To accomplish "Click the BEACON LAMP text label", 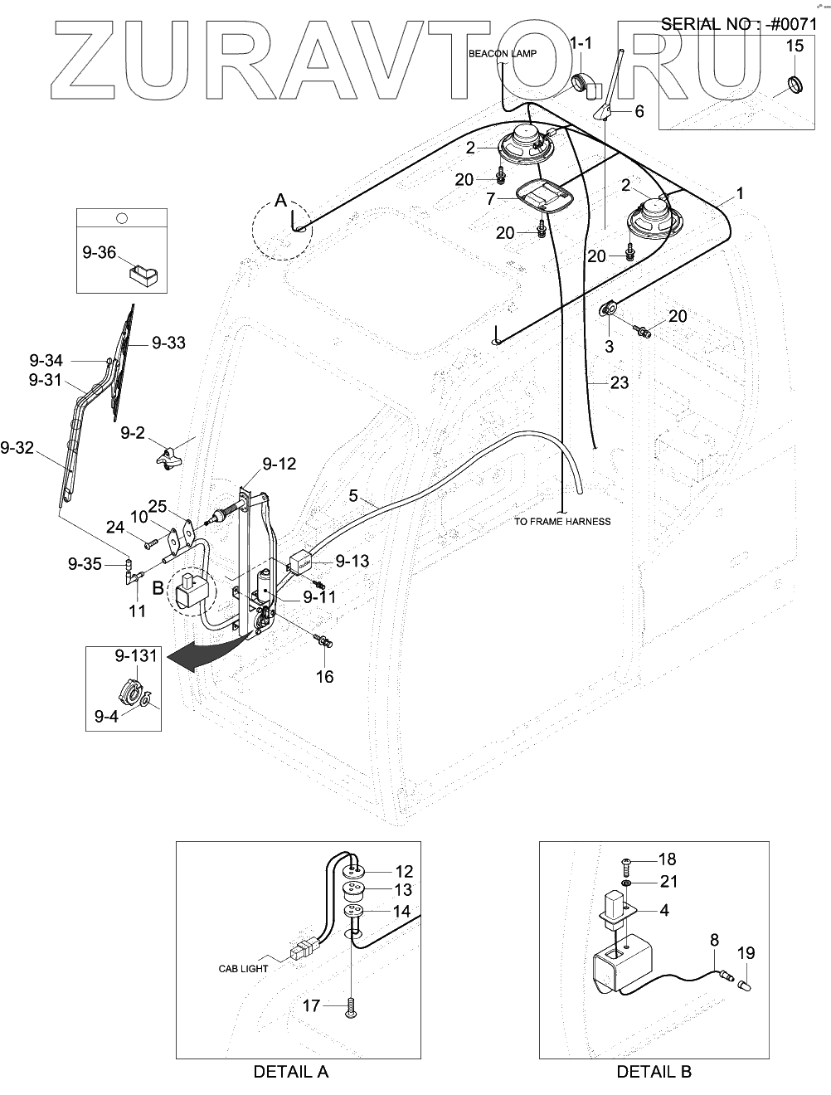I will point(503,54).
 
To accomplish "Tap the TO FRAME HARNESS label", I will point(562,522).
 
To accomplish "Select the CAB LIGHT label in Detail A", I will point(243,968).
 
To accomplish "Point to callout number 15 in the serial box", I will point(795,46).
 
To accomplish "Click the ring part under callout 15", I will point(795,84).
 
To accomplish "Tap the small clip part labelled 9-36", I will point(143,274).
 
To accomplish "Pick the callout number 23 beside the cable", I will point(620,382).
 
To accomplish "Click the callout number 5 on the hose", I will point(353,497).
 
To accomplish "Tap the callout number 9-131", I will point(136,655).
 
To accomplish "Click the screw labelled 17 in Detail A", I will point(352,1006).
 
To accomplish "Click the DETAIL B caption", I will point(654,1071).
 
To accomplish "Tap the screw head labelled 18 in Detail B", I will point(626,865).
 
